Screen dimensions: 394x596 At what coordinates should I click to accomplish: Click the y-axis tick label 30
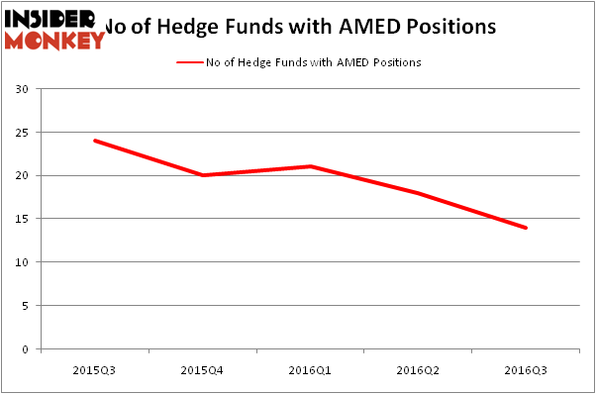coord(22,89)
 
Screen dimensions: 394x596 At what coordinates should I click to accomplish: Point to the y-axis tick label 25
coord(22,133)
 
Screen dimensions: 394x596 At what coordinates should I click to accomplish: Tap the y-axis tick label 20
coord(22,175)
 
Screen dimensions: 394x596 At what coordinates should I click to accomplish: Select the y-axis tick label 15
coord(22,219)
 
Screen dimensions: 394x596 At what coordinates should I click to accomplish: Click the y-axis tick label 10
coord(22,262)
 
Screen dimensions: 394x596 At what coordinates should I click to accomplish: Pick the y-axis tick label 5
coord(25,306)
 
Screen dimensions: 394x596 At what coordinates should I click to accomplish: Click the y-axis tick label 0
coord(25,349)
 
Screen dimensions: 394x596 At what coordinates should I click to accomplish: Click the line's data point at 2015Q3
coord(94,141)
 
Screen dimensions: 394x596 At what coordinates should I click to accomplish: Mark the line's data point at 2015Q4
coord(202,175)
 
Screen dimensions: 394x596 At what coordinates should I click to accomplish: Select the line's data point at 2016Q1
coord(310,166)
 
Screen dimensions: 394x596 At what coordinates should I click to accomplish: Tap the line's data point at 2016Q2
coord(418,193)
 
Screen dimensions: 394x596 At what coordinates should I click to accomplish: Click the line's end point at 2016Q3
coord(526,228)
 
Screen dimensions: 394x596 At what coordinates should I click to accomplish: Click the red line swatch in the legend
coord(190,62)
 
